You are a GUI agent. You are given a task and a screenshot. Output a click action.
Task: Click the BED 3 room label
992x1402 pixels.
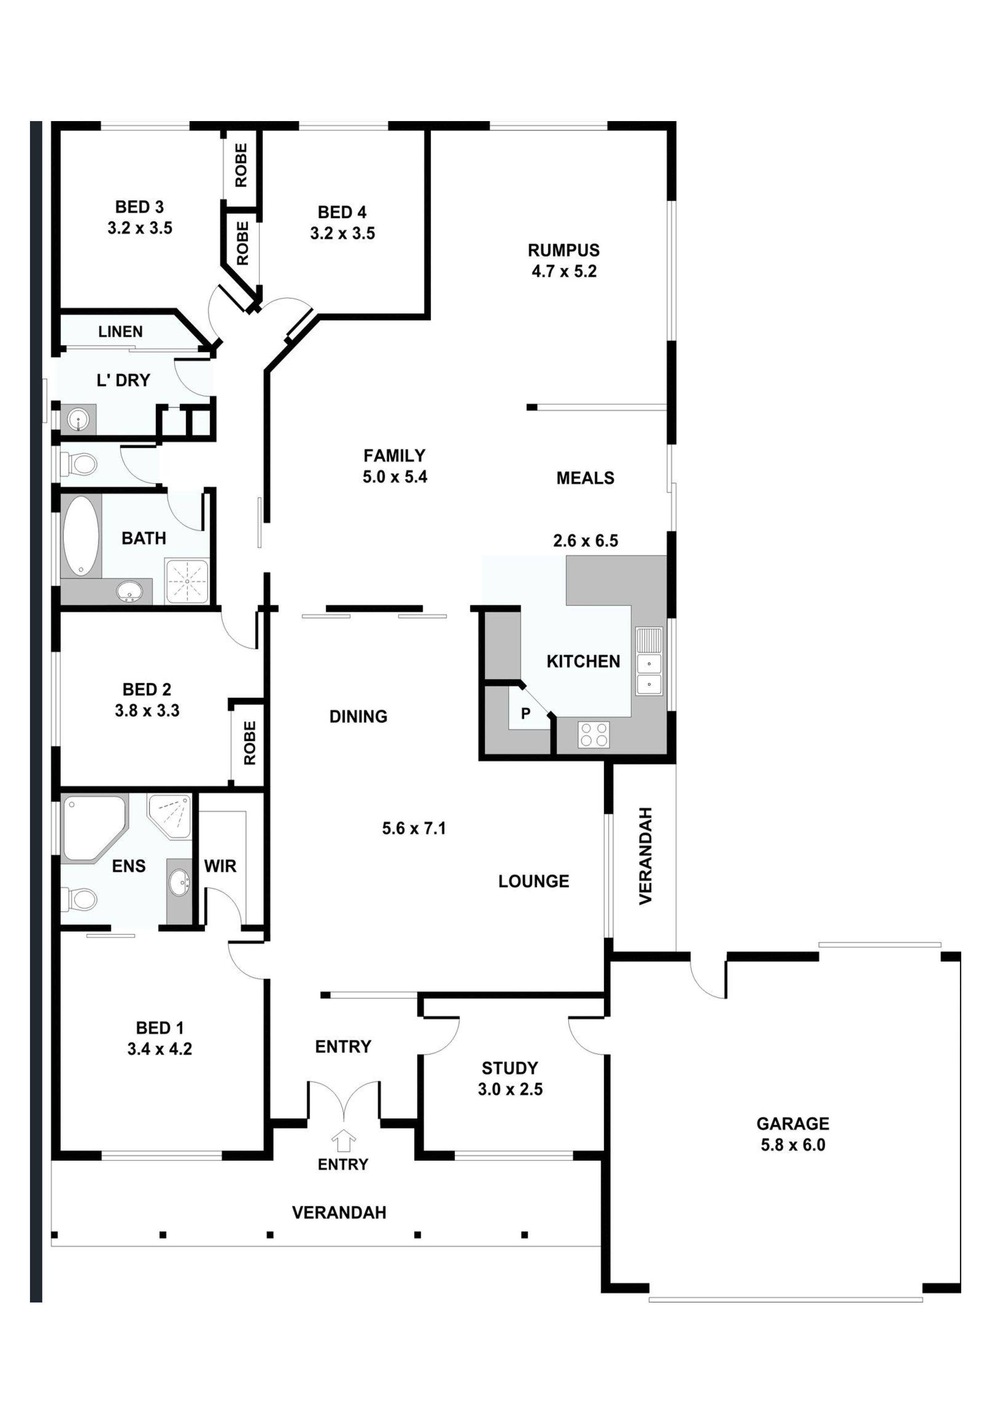pyautogui.click(x=140, y=207)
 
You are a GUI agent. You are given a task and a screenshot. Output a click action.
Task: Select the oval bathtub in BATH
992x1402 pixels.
pyautogui.click(x=81, y=536)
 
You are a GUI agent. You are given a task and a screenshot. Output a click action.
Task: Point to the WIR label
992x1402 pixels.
pyautogui.click(x=220, y=866)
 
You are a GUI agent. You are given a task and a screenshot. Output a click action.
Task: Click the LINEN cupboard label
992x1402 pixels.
pyautogui.click(x=120, y=332)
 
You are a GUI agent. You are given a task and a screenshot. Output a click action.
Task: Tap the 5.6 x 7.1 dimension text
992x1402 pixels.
pyautogui.click(x=413, y=828)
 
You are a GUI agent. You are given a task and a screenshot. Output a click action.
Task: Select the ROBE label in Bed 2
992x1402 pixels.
pyautogui.click(x=249, y=743)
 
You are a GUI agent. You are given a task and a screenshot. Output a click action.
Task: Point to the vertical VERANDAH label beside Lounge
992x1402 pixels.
pyautogui.click(x=646, y=856)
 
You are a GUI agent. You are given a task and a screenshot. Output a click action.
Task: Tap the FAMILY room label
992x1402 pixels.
pyautogui.click(x=394, y=456)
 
